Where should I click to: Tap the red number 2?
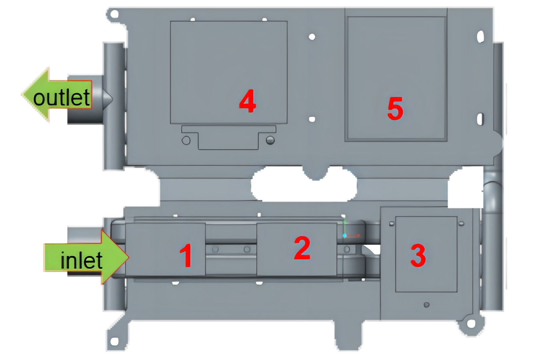(302, 248)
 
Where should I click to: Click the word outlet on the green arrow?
(61, 98)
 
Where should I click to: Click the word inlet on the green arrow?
(81, 261)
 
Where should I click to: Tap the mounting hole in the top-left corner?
(114, 14)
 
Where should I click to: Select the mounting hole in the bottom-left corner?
(114, 341)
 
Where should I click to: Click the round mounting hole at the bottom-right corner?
(471, 324)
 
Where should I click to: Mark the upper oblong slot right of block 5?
(480, 36)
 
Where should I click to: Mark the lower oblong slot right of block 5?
(480, 119)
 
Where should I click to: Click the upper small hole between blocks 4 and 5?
(312, 37)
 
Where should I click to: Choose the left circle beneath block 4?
(186, 140)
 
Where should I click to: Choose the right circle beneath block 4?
(270, 140)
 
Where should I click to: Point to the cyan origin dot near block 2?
(344, 236)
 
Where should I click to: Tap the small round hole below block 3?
(426, 305)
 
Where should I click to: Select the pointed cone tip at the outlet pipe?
(109, 99)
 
